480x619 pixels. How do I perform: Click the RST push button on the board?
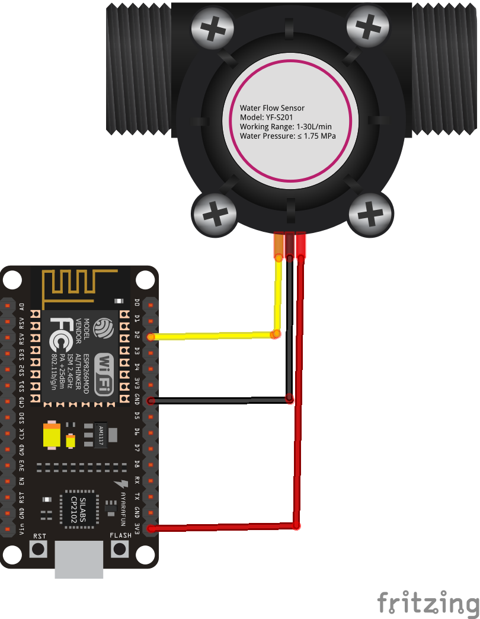click(x=39, y=548)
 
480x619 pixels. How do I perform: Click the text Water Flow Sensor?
click(x=272, y=108)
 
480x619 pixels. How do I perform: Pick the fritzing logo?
click(x=428, y=603)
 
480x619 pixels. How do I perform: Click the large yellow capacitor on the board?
click(x=52, y=435)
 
